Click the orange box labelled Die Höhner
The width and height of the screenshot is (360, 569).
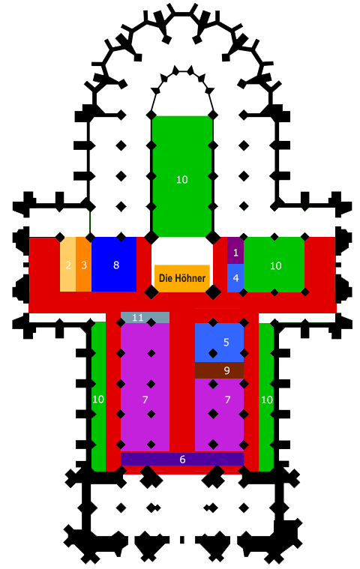(x=182, y=278)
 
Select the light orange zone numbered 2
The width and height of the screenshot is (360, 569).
(x=67, y=264)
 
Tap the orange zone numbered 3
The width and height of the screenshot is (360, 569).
(x=84, y=264)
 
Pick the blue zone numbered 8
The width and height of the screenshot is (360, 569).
(x=114, y=264)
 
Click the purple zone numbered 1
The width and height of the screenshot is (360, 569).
(x=235, y=250)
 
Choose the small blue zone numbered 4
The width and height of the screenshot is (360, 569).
(x=235, y=278)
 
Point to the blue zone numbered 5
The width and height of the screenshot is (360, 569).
(x=219, y=343)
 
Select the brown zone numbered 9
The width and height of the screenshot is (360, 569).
(x=219, y=370)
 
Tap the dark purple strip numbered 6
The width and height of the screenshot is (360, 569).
(x=182, y=459)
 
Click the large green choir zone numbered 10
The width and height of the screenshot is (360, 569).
(x=182, y=176)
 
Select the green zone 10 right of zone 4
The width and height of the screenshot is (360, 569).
(x=274, y=265)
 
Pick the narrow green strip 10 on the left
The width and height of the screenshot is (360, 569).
(x=98, y=397)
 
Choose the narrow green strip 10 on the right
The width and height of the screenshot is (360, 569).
(x=266, y=397)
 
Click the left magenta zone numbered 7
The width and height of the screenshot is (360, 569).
(x=145, y=388)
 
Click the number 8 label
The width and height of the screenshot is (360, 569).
(x=116, y=265)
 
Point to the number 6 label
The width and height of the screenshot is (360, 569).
(x=182, y=460)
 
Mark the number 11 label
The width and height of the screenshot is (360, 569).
(x=137, y=318)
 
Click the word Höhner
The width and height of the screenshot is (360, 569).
(x=190, y=278)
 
